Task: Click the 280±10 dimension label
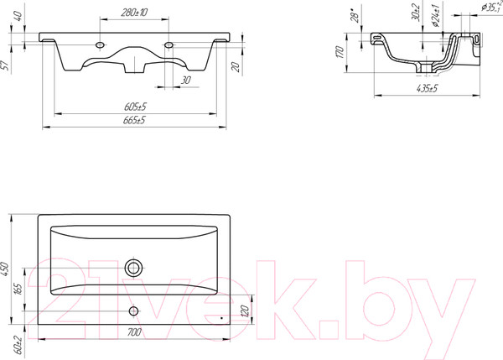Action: [x=134, y=13]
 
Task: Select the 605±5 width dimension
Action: [x=135, y=107]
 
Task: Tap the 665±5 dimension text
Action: [x=134, y=120]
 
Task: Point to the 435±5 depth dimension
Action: [x=427, y=88]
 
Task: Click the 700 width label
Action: [x=134, y=332]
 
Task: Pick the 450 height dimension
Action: [x=5, y=269]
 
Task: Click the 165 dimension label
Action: [x=18, y=290]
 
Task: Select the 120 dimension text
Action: [x=245, y=310]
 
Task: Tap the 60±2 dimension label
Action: [x=18, y=345]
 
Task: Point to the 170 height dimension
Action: [x=340, y=52]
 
